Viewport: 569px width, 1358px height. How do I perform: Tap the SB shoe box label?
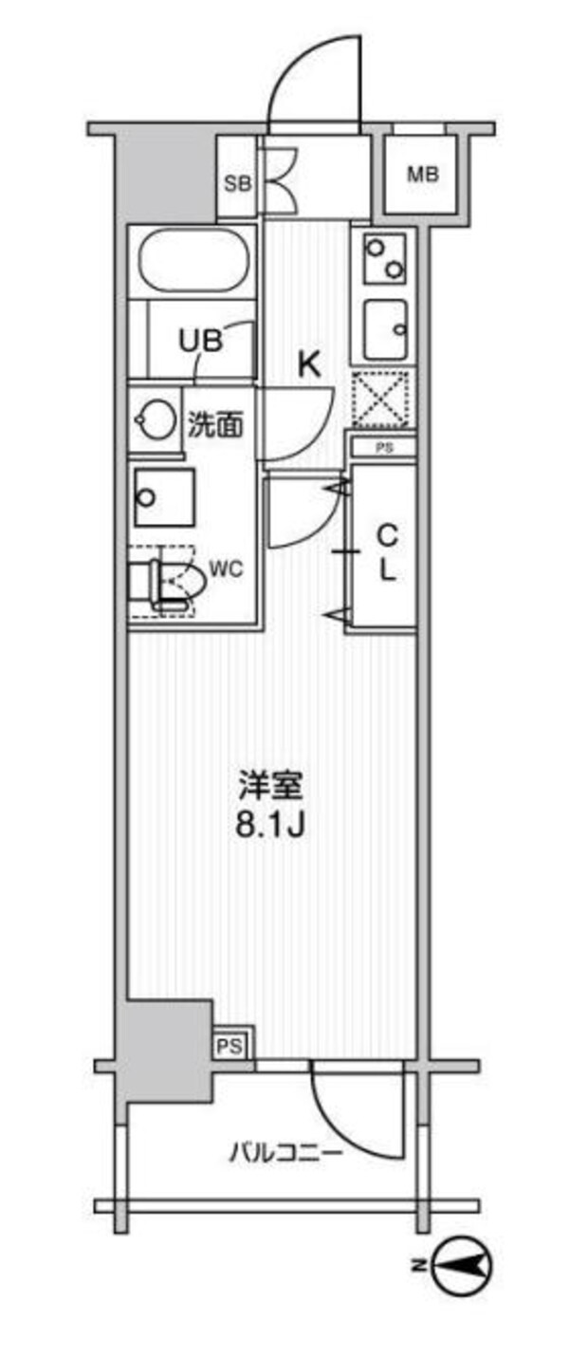point(237,183)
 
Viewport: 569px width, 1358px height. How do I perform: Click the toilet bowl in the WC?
point(176,580)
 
